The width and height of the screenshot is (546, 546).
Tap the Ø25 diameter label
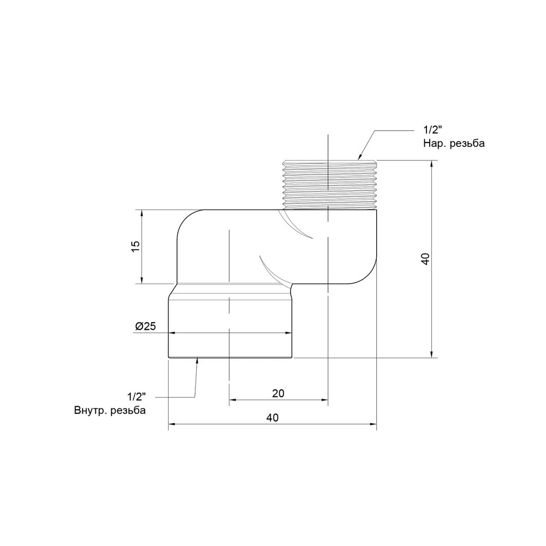click(x=146, y=327)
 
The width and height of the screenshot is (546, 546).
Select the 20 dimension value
click(x=278, y=393)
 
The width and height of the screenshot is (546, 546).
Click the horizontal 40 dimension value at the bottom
click(x=272, y=418)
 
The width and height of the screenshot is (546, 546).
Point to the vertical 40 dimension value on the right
click(x=425, y=259)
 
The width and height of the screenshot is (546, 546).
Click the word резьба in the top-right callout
click(x=467, y=144)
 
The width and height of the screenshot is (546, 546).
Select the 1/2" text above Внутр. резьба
click(x=136, y=396)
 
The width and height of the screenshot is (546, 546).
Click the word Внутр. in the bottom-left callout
click(x=90, y=410)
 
